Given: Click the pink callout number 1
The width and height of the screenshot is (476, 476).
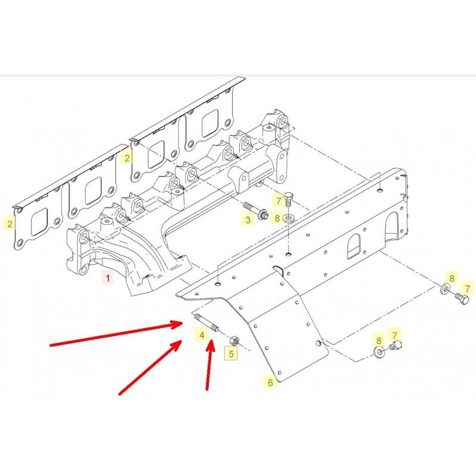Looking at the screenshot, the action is point(108,277).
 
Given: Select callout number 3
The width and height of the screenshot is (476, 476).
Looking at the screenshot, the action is point(248,220).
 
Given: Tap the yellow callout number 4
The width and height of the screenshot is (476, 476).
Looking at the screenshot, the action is point(202,335).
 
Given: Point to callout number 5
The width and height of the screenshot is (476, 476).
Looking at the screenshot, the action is point(231,353).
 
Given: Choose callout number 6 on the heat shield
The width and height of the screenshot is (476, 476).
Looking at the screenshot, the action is point(270,383).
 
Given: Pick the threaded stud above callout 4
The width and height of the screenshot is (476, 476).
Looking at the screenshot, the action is point(206,322).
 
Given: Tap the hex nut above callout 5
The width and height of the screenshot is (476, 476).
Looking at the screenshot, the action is point(234,341).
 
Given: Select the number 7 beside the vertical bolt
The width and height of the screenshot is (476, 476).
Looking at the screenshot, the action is point(278,201).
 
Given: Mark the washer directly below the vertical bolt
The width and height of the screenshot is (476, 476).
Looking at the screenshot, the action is point(288,218).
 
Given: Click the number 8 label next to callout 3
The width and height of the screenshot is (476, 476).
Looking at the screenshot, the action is point(277,218).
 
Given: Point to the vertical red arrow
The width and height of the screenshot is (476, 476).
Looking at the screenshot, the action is point(209,365).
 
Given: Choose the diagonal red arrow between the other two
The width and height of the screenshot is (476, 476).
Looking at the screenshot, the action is point(151,367).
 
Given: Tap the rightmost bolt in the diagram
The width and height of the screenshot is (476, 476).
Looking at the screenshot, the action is point(462,299).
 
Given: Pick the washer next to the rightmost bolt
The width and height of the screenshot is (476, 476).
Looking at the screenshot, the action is point(444,289).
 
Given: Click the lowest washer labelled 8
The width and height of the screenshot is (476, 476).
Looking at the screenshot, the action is point(378,352).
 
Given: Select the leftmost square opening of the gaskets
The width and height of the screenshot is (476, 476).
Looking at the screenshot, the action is point(39,222).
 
